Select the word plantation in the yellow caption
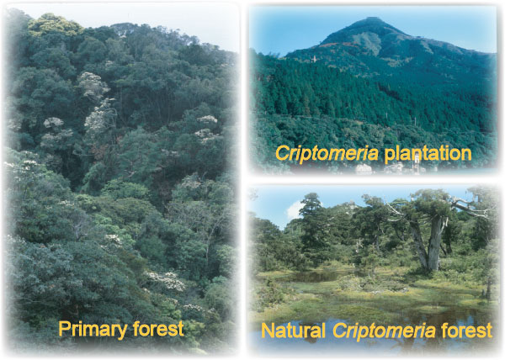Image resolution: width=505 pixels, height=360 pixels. pyautogui.click(x=428, y=153)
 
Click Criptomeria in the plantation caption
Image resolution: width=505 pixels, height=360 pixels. pyautogui.click(x=327, y=153)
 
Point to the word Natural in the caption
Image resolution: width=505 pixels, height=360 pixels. pyautogui.click(x=293, y=331)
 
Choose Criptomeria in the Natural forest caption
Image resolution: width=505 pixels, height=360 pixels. pyautogui.click(x=384, y=331)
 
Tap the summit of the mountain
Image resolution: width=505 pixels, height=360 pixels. pyautogui.click(x=373, y=18)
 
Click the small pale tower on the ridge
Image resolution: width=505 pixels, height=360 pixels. pyautogui.click(x=314, y=59)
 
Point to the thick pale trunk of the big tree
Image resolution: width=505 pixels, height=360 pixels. pyautogui.click(x=433, y=245)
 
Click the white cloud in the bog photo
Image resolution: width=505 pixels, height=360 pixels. pyautogui.click(x=295, y=209)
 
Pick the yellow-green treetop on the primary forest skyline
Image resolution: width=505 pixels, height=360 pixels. pyautogui.click(x=55, y=24)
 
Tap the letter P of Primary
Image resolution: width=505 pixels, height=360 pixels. pyautogui.click(x=64, y=329)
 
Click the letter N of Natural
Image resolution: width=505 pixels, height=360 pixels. pyautogui.click(x=268, y=331)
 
